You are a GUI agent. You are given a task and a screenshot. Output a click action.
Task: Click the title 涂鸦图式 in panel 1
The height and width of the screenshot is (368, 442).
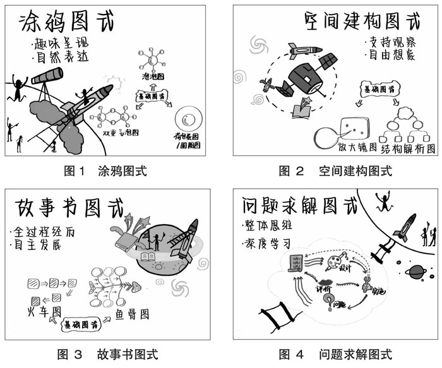tap(68, 23)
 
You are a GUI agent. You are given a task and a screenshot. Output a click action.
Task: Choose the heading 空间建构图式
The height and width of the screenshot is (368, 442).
tap(361, 23)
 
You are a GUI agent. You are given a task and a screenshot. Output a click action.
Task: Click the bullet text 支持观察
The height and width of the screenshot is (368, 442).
tap(387, 44)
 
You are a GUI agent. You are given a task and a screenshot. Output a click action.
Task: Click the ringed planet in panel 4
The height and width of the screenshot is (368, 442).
tap(415, 272)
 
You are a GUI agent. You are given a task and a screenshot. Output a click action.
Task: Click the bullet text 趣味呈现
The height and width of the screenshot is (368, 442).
tap(59, 45)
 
